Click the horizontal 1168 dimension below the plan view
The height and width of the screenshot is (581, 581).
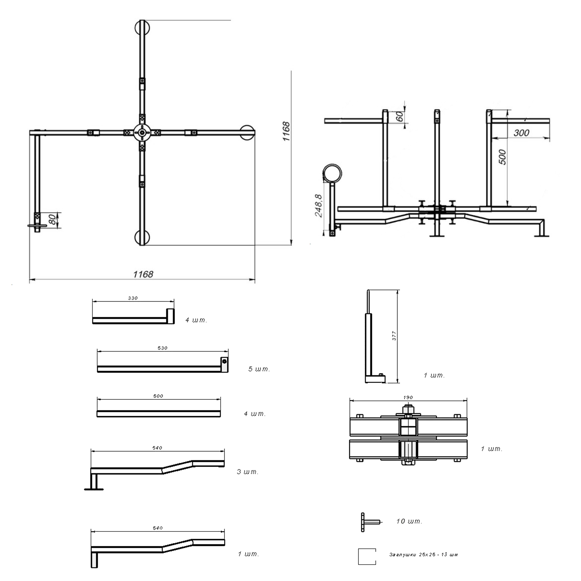pos(143,274)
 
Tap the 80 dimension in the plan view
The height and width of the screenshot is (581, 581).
pos(52,219)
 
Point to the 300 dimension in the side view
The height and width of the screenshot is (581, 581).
pos(521,133)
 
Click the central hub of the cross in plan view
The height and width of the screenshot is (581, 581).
pos(142,132)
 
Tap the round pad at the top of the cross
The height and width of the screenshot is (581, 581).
pos(142,27)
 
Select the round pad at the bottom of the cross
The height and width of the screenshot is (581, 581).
pos(142,238)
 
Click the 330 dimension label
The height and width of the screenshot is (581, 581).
pos(133,298)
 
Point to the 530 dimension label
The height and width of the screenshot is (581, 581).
pos(162,348)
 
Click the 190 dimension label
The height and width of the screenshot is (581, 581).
pos(408,397)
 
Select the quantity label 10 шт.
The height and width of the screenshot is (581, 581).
pos(409,521)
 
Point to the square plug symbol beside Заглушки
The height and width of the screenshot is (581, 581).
pos(367,557)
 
